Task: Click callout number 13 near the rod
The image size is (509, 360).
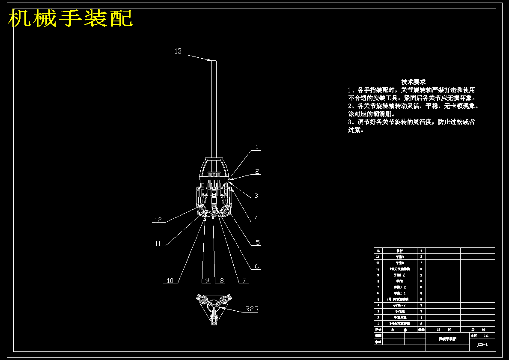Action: (178, 51)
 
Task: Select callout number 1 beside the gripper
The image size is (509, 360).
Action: (257, 147)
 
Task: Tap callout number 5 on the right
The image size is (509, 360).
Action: (258, 242)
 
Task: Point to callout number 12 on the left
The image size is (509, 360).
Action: (158, 220)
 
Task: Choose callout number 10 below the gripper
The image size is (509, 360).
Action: (170, 281)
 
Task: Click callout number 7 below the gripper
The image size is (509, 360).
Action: (244, 281)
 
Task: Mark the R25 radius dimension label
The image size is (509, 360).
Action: (251, 309)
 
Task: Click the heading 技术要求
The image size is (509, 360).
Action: (413, 82)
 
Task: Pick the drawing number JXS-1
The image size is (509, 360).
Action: (482, 345)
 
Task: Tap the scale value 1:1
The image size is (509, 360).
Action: (486, 336)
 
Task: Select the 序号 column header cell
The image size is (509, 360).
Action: (378, 330)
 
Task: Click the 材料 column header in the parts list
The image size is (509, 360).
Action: (443, 330)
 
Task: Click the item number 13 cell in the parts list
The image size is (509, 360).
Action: (378, 250)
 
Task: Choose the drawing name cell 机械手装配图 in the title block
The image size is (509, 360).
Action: (447, 339)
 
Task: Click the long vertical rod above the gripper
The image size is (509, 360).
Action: (213, 107)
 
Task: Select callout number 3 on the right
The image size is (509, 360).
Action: (256, 195)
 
